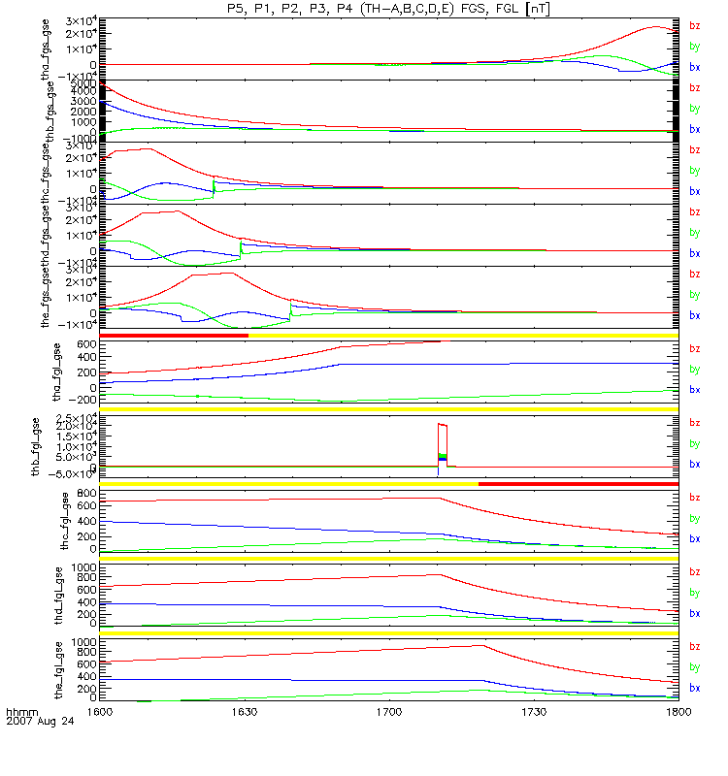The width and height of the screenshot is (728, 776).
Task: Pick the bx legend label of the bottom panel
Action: tap(694, 688)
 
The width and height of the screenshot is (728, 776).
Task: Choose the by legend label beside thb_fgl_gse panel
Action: tap(694, 443)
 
